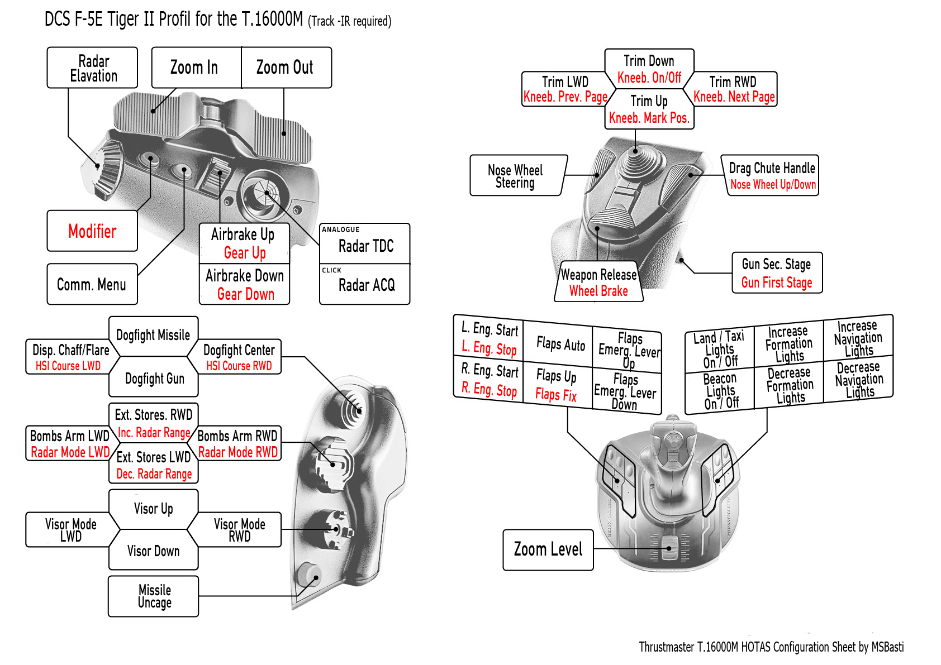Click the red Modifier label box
point(92,231)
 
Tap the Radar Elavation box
point(93,68)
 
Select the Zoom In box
point(195,68)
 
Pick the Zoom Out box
point(286,68)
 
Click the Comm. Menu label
point(92,284)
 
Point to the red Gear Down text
point(245,294)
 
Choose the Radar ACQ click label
point(366,285)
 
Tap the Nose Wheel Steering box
point(516,176)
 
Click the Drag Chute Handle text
point(772,168)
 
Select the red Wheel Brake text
point(598,291)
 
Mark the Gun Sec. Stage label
point(776,264)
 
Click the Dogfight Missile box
point(153,335)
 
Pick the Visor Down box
point(153,551)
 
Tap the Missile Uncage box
point(154,596)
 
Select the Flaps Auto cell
point(560,344)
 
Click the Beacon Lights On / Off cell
point(720,391)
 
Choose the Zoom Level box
point(548,550)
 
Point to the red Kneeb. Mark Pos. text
point(649,118)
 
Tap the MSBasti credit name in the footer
point(887,647)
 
